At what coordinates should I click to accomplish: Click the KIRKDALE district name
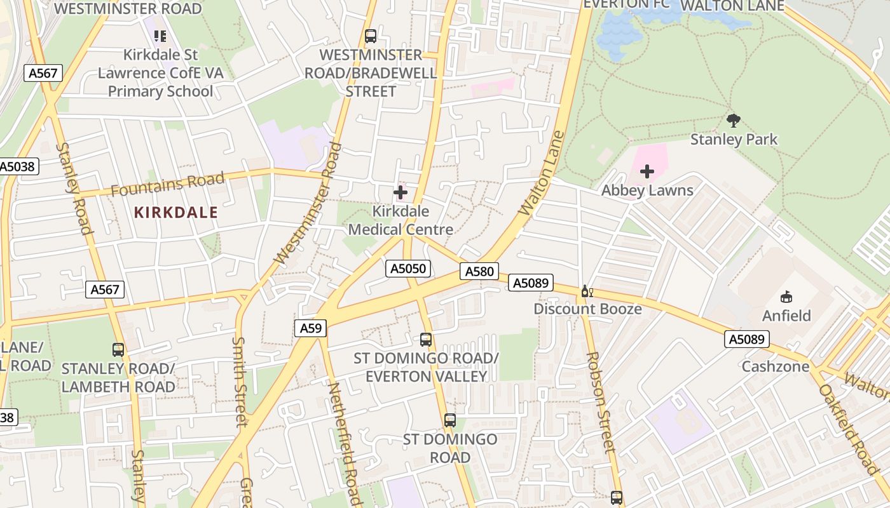[176, 213]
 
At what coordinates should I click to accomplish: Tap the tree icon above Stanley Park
[734, 120]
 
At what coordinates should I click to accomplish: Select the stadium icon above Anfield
[786, 297]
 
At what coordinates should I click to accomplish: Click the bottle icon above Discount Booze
[587, 291]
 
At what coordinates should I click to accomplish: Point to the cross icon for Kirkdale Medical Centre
[400, 192]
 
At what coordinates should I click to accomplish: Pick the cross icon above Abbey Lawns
[647, 171]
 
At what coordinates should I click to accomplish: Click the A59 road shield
[311, 328]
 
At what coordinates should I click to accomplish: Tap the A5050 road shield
[408, 269]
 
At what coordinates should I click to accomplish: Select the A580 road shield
[479, 272]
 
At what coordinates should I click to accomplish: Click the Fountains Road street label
[168, 185]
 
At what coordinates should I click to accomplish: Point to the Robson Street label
[601, 401]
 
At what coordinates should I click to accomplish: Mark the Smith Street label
[239, 381]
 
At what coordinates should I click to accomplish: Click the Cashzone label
[776, 366]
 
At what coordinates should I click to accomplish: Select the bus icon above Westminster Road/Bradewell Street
[371, 36]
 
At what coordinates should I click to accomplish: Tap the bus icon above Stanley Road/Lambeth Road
[118, 349]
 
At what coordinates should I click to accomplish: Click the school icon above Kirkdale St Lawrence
[160, 36]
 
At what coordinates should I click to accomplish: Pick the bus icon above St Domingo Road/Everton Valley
[426, 340]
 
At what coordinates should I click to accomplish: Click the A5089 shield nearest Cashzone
[747, 339]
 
